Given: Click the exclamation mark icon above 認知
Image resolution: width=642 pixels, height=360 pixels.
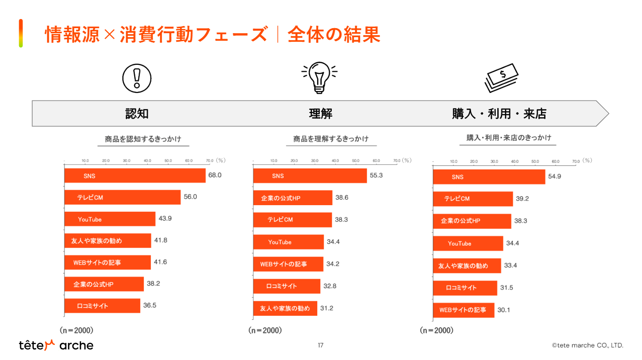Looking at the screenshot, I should pos(137,78).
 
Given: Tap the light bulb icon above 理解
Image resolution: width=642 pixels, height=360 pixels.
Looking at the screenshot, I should pos(319,77).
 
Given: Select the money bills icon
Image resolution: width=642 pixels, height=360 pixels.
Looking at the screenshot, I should pos(501,78).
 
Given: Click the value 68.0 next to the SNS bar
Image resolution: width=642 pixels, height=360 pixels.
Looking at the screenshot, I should pos(215,175).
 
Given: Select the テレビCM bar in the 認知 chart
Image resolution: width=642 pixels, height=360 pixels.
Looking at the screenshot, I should pos(122,197).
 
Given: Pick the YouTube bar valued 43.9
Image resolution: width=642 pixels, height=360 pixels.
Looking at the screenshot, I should pos(110,219).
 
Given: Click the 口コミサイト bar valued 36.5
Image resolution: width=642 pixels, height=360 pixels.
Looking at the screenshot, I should pos(102,306).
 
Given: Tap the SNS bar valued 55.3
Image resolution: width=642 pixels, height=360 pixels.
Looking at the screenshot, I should pos(310,176).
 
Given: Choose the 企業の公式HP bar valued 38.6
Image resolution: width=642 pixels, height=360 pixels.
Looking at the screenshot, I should pos(293,198).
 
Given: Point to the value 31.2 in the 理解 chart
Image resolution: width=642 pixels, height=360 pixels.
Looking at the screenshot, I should pos(327,308).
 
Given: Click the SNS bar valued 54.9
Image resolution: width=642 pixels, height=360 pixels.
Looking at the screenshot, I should pos(489,177).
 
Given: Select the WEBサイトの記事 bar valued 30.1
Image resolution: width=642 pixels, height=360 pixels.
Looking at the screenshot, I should pos(464,310).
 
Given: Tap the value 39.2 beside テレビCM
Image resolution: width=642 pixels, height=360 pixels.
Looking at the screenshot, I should pos(522,199).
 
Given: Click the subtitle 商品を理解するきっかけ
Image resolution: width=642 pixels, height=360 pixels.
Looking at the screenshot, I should pos(331,139).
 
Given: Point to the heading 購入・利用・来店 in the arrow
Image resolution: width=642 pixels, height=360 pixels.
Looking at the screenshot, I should pos(499,114).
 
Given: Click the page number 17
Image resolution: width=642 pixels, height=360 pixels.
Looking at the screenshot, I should pos(321,345).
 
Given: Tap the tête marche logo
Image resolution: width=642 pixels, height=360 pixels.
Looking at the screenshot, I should pos(56,345).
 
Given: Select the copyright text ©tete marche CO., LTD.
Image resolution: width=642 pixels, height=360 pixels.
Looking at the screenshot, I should pos(587,345).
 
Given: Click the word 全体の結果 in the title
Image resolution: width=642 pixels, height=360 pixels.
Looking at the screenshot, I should pos(334,35).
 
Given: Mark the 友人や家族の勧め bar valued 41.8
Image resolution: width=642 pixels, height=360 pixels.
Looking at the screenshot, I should pos(108,241).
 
